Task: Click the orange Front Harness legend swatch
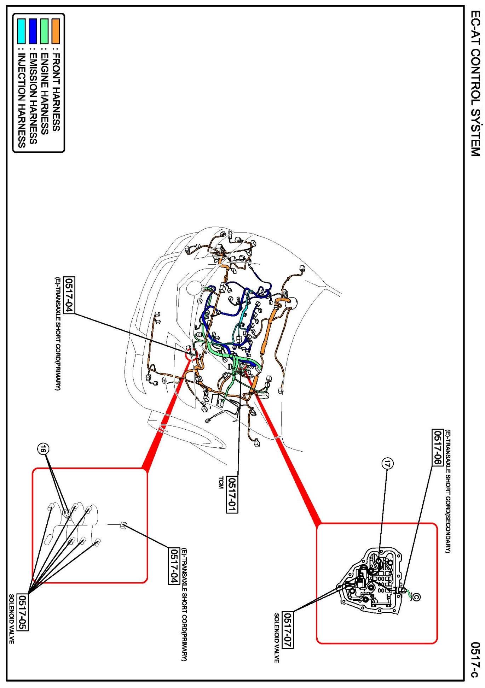point(56,27)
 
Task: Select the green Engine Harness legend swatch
point(44,27)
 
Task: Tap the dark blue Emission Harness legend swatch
point(33,27)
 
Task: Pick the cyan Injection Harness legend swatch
point(22,27)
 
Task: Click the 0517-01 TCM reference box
point(232,494)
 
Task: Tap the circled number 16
point(43,449)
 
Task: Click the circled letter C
point(416,596)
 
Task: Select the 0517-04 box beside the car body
point(69,295)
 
